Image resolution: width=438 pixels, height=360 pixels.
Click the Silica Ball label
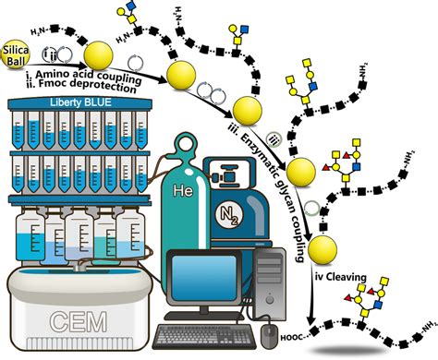19,51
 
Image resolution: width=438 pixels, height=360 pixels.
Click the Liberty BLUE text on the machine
77,99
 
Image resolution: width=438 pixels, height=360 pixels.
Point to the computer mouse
269,330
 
